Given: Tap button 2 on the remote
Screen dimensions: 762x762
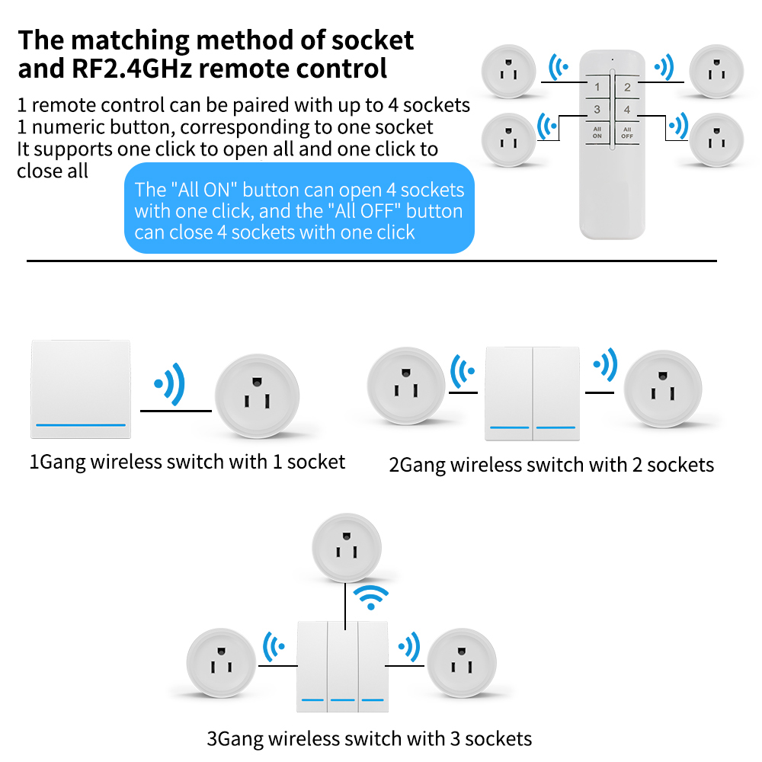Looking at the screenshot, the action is click(x=627, y=87).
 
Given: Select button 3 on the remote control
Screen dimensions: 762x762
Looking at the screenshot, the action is click(x=597, y=109).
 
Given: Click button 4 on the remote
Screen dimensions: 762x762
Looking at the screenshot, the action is click(x=627, y=109).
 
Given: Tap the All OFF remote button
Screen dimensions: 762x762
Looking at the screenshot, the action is click(x=627, y=133).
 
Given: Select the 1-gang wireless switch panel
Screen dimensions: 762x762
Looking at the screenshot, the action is click(x=81, y=389).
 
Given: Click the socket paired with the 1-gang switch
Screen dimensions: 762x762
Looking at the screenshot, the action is click(x=258, y=395).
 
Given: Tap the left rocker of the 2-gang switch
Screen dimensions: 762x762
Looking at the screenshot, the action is click(x=509, y=394).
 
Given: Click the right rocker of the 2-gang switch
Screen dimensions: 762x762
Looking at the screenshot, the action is click(x=556, y=394).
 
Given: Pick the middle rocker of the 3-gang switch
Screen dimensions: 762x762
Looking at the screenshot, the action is click(x=343, y=666).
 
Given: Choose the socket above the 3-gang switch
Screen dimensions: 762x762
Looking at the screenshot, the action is click(x=347, y=548).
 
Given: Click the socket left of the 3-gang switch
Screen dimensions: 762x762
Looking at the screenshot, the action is click(x=222, y=663).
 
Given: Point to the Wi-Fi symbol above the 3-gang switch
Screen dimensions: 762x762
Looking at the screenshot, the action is click(x=371, y=597).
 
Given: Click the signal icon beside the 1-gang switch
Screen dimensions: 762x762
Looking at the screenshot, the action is click(x=170, y=384).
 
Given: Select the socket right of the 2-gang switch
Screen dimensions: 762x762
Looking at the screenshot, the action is click(x=663, y=389).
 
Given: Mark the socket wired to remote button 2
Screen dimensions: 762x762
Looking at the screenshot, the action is click(x=717, y=72).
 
